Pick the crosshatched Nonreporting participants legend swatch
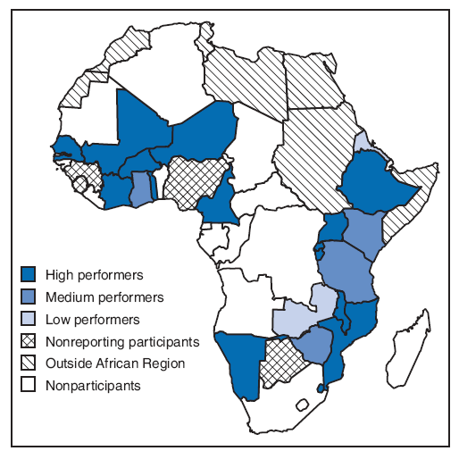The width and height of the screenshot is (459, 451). pos(29,341)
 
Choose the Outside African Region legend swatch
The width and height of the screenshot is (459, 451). pos(29,363)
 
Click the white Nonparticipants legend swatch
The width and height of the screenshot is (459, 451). pos(29,386)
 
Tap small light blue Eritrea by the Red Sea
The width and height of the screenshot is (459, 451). pos(363,143)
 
